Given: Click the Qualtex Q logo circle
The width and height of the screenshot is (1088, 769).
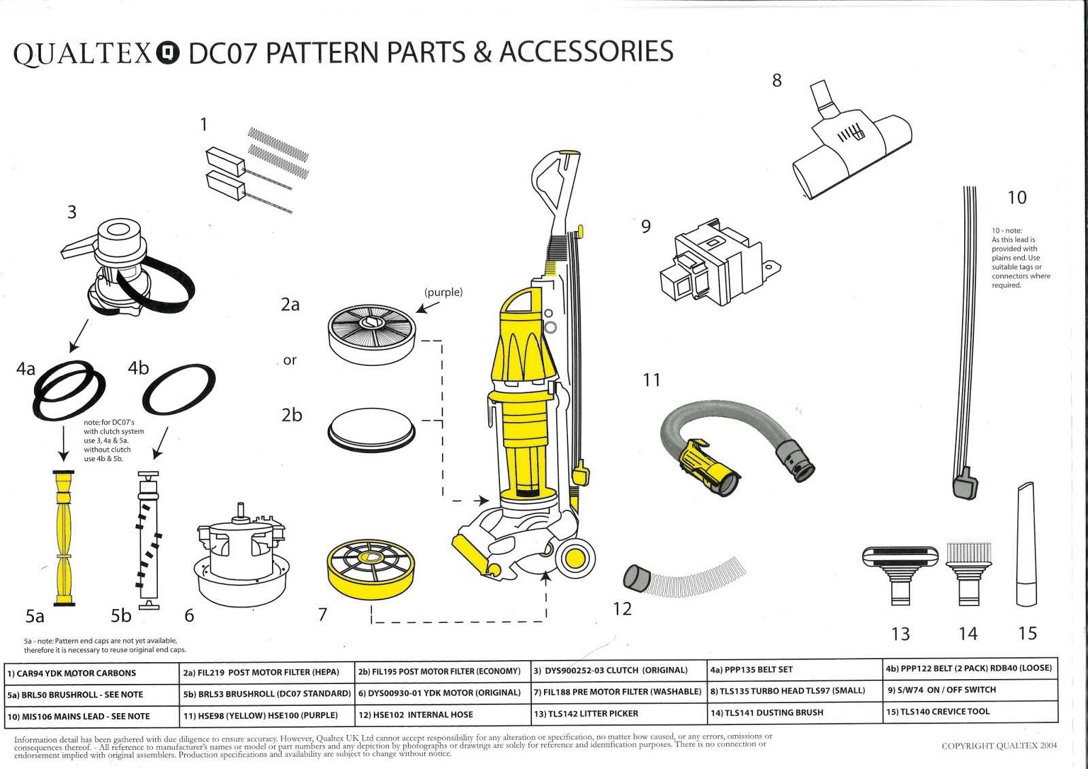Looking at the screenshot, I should click(x=168, y=54).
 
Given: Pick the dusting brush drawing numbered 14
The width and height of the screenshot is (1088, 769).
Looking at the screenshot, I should click(x=968, y=571).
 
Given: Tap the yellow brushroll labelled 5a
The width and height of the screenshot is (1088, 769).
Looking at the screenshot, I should click(x=65, y=537).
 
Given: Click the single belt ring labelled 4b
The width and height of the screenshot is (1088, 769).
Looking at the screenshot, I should click(x=179, y=389).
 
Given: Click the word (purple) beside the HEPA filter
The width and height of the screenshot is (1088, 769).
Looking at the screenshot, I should click(x=443, y=292).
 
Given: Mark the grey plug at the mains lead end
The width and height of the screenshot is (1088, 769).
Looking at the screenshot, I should click(x=965, y=485).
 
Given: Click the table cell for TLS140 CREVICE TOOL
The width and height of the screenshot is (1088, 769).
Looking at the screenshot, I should click(x=970, y=712).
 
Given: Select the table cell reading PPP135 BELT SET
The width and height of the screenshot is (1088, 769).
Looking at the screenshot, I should click(x=794, y=670).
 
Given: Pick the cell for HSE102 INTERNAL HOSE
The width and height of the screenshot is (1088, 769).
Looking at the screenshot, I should click(x=443, y=715).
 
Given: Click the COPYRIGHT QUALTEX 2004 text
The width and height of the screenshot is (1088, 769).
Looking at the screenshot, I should click(x=999, y=746).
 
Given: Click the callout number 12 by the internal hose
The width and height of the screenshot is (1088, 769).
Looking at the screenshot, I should click(x=622, y=609).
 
